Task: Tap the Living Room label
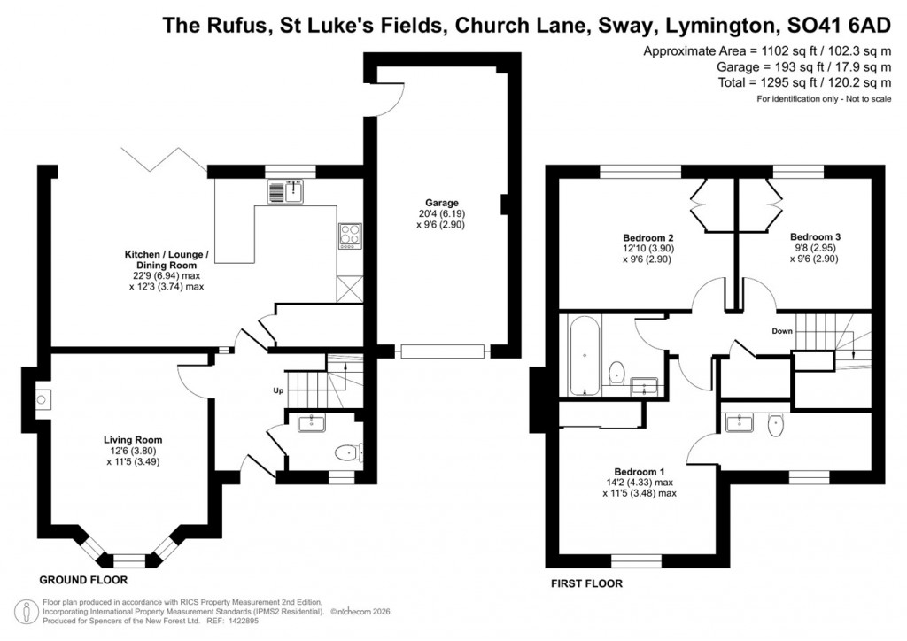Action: (x=133, y=439)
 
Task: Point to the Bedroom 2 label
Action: (x=648, y=238)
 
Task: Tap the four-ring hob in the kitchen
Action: (x=349, y=235)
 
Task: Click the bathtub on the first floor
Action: (x=584, y=355)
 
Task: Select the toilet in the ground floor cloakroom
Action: (x=346, y=453)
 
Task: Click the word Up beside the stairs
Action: (x=277, y=390)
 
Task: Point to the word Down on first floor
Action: (x=781, y=331)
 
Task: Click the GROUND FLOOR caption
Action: (x=84, y=580)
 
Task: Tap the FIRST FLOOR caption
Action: (x=586, y=583)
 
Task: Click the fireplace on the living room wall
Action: (x=41, y=399)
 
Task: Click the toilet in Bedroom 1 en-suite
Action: (x=775, y=425)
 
